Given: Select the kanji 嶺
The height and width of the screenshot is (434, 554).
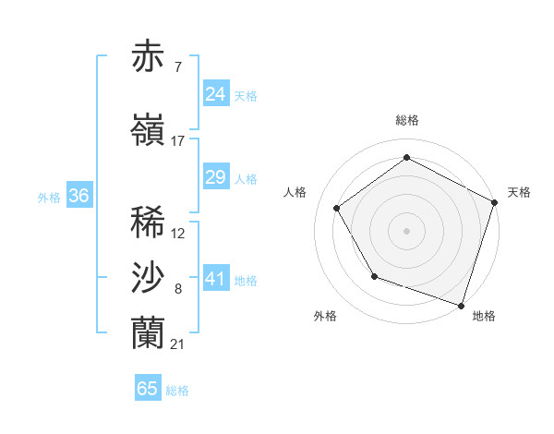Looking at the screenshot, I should tap(149, 129).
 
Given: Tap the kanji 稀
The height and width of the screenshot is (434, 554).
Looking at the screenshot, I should tap(149, 223).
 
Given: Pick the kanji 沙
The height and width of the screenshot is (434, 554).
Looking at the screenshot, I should tap(149, 278).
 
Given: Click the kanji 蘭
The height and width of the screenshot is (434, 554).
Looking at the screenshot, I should tap(149, 333).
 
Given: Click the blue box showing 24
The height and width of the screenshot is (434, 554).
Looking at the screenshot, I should tap(216, 94).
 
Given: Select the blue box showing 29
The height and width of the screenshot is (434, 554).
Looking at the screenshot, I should tap(216, 177).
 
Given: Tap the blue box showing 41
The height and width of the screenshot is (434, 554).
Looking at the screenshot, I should tap(216, 279).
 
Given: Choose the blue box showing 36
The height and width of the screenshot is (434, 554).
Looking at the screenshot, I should tap(78, 196).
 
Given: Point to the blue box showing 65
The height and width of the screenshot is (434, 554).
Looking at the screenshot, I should tap(148, 389).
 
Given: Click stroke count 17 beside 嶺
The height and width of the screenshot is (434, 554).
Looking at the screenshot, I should tap(178, 141).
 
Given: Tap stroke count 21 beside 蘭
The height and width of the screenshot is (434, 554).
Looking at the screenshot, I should tap(178, 344).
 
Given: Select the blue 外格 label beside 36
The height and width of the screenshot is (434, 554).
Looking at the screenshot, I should tap(49, 197).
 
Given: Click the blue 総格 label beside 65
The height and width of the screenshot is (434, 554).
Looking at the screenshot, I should tap(178, 391).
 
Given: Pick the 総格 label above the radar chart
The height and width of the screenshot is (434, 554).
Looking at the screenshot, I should tap(406, 120).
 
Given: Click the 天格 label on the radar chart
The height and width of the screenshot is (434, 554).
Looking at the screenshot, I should tap(519, 192).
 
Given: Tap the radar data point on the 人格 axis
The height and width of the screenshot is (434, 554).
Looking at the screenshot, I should tap(337, 208).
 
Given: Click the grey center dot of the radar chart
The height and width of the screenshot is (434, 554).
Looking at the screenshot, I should tap(406, 230).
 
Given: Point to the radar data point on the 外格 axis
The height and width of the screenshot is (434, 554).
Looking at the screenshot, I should tap(374, 275).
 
